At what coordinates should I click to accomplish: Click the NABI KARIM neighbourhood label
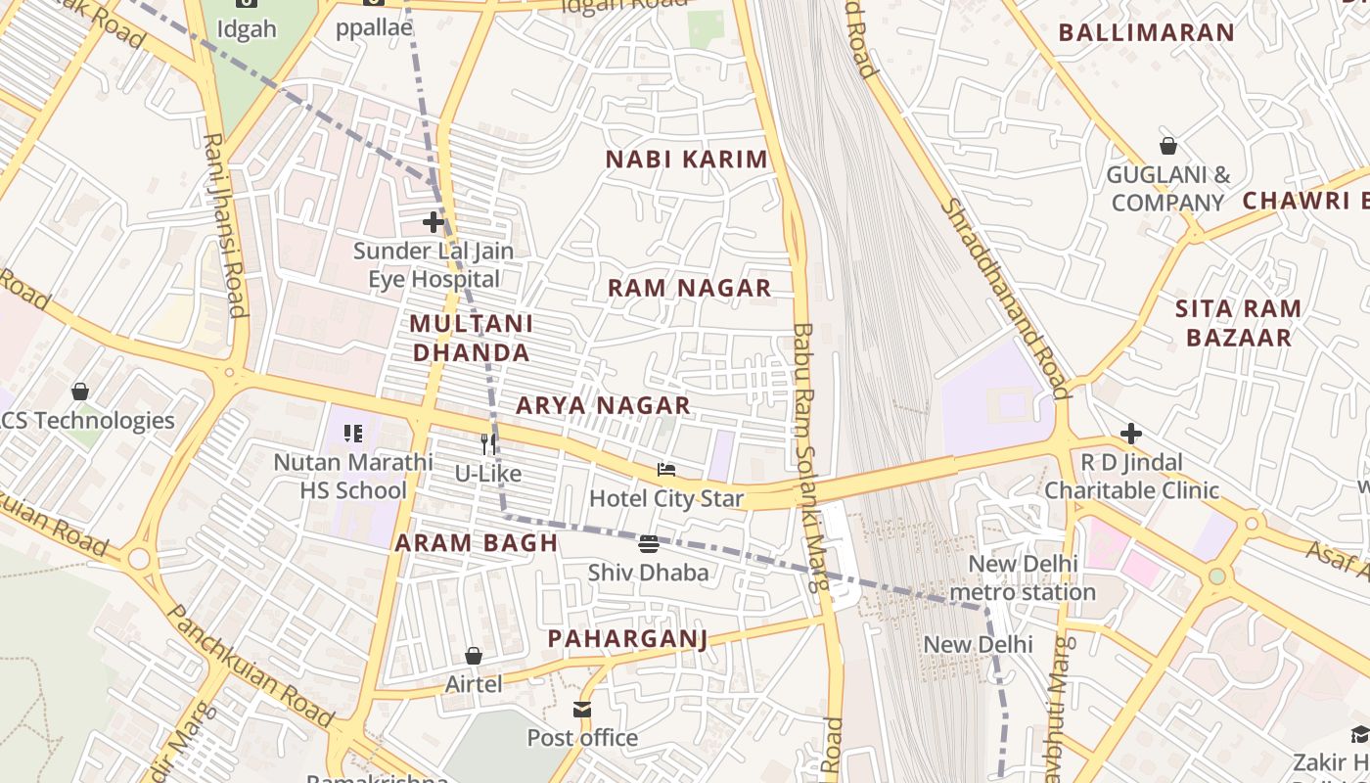686,160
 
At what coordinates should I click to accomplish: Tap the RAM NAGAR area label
689,288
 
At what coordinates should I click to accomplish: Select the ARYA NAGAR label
603,405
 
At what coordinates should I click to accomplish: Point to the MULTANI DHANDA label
471,338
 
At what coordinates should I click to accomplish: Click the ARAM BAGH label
476,543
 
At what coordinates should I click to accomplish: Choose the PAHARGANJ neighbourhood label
626,639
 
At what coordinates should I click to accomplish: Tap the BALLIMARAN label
1146,32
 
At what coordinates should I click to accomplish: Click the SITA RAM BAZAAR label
1238,323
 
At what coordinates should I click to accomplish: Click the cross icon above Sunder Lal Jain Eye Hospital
433,222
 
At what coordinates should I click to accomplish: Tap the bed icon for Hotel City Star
666,470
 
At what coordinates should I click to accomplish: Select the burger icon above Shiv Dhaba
648,543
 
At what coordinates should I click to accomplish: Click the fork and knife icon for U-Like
488,444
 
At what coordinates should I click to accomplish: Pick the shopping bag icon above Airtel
474,655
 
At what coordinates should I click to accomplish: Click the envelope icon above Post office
582,709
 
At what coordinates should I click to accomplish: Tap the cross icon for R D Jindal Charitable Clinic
1131,433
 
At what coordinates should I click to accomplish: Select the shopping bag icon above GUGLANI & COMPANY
1167,146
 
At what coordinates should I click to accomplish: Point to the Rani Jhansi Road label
223,225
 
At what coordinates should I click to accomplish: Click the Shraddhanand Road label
1004,299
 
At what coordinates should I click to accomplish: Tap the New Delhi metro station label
1023,577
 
